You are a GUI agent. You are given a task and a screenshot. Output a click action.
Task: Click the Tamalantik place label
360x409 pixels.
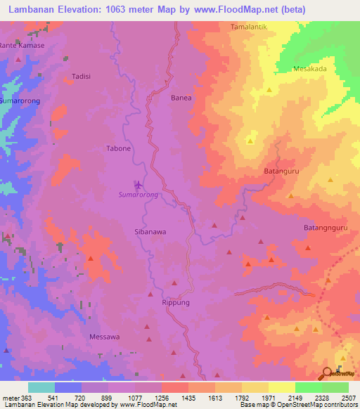pyautogui.click(x=250, y=27)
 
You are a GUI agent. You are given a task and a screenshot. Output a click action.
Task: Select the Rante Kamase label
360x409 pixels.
pyautogui.click(x=22, y=45)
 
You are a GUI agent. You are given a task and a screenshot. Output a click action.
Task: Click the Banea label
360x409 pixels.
pyautogui.click(x=181, y=98)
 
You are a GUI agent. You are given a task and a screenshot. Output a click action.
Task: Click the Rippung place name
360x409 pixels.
pyautogui.click(x=175, y=302)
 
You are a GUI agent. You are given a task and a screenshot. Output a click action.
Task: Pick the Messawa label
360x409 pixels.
pyautogui.click(x=104, y=337)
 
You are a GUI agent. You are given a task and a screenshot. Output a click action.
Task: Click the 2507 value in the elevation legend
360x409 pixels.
pyautogui.click(x=347, y=397)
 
